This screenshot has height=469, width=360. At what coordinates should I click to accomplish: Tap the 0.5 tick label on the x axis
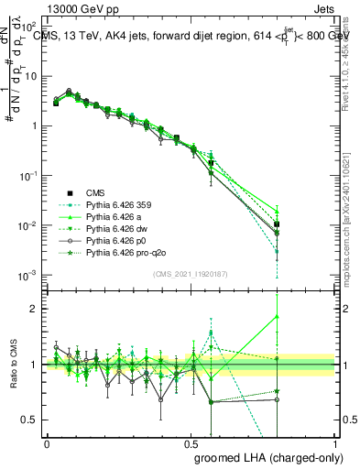pyautogui.click(x=191, y=442)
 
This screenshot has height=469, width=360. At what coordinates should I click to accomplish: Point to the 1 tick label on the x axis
pyautogui.click(x=335, y=442)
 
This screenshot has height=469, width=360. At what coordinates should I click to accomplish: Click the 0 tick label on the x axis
pyautogui.click(x=47, y=442)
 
